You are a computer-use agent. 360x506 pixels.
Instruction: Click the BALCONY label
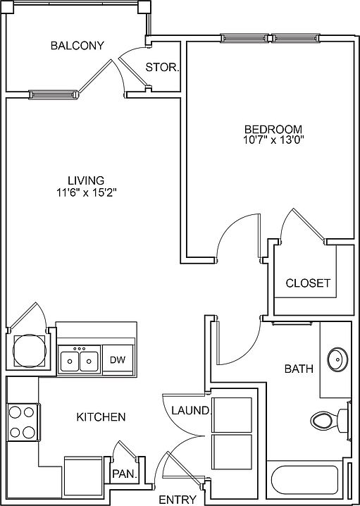pos(77,46)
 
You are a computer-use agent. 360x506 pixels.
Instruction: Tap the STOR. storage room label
pos(162,68)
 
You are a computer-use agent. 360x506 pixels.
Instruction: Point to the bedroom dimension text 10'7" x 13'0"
pos(273,140)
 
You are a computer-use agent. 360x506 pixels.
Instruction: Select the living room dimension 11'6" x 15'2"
pos(86,192)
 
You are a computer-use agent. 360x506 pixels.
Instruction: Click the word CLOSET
pos(308,283)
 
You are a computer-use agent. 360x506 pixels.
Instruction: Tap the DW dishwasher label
pos(118,360)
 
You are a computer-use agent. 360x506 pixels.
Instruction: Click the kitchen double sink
pos(80,360)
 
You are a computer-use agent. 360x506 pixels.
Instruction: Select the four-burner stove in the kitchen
pos(23,421)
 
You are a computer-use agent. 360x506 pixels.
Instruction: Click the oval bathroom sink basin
pos(337,359)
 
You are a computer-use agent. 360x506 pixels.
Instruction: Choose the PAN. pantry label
pos(125,474)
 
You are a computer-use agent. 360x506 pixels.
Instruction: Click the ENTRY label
pos(178,499)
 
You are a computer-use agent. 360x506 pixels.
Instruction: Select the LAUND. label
pos(191,410)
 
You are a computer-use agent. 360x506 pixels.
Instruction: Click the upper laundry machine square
pos(232,415)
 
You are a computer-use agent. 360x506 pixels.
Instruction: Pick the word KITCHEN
pos(101,417)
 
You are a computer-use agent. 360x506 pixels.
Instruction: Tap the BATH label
pos(299,369)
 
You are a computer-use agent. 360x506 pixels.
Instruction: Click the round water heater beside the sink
pos(30,350)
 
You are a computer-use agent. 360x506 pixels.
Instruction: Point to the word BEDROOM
pos(273,130)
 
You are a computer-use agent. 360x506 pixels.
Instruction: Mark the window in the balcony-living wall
pos(54,94)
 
